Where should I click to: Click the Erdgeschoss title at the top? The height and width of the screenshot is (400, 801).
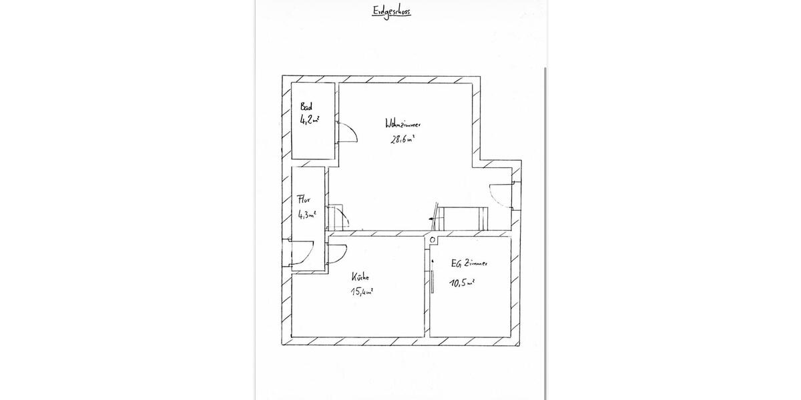(x=391, y=11)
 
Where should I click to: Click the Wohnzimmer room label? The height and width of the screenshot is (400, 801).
(x=403, y=124)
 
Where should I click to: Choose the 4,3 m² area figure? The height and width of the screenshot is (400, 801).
(x=307, y=215)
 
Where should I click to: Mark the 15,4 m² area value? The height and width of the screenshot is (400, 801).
(x=361, y=291)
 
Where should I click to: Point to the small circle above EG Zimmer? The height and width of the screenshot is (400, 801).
(x=433, y=239)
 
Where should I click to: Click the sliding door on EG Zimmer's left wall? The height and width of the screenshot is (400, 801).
(x=432, y=275)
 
